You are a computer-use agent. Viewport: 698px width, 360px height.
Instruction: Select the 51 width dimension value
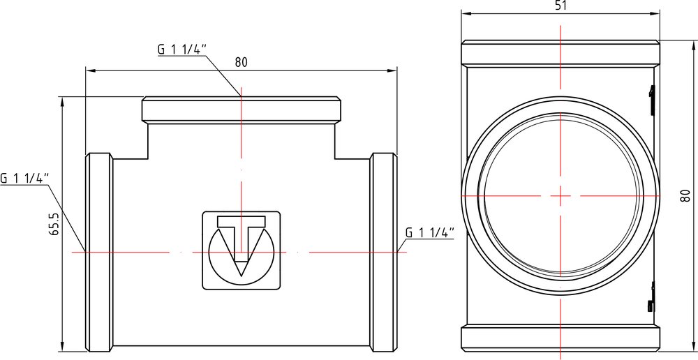[x=560, y=6]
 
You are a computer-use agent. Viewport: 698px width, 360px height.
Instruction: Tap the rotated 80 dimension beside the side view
[x=685, y=195]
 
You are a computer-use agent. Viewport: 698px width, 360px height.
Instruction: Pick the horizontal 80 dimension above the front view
[x=241, y=62]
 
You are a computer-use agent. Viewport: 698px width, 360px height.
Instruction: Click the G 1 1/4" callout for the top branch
[x=182, y=49]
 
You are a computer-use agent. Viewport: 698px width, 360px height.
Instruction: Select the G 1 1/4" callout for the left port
[x=24, y=179]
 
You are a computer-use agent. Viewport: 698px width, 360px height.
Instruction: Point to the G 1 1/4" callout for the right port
[x=429, y=232]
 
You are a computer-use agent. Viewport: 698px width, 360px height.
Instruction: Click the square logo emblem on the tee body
[x=242, y=250]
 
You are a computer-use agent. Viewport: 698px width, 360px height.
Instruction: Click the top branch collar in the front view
[x=242, y=110]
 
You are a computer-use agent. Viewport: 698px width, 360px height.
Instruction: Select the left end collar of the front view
[x=99, y=253]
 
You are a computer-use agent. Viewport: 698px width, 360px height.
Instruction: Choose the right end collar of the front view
[x=383, y=253]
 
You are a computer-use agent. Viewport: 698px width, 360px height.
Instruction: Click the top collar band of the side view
[x=560, y=53]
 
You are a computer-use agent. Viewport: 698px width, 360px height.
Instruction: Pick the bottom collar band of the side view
[x=560, y=338]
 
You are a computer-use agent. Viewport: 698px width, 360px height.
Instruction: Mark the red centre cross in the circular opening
[x=560, y=195]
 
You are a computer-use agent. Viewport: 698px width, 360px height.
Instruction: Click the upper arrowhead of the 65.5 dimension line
[x=62, y=102]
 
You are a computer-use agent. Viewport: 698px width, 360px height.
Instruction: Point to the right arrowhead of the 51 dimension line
[x=655, y=14]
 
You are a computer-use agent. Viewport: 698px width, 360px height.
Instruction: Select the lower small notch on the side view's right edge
[x=651, y=297]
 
